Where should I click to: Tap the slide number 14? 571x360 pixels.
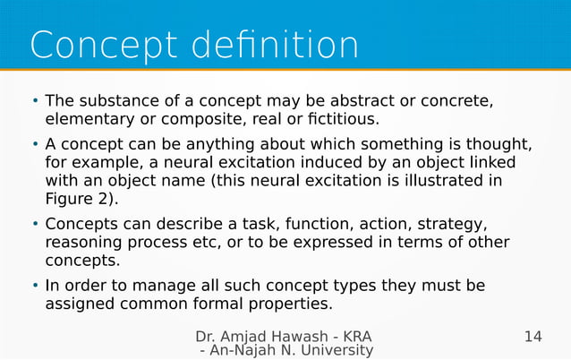click(x=533, y=338)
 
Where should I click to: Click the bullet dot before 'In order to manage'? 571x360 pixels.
click(x=35, y=287)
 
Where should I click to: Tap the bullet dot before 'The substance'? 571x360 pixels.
click(x=35, y=99)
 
